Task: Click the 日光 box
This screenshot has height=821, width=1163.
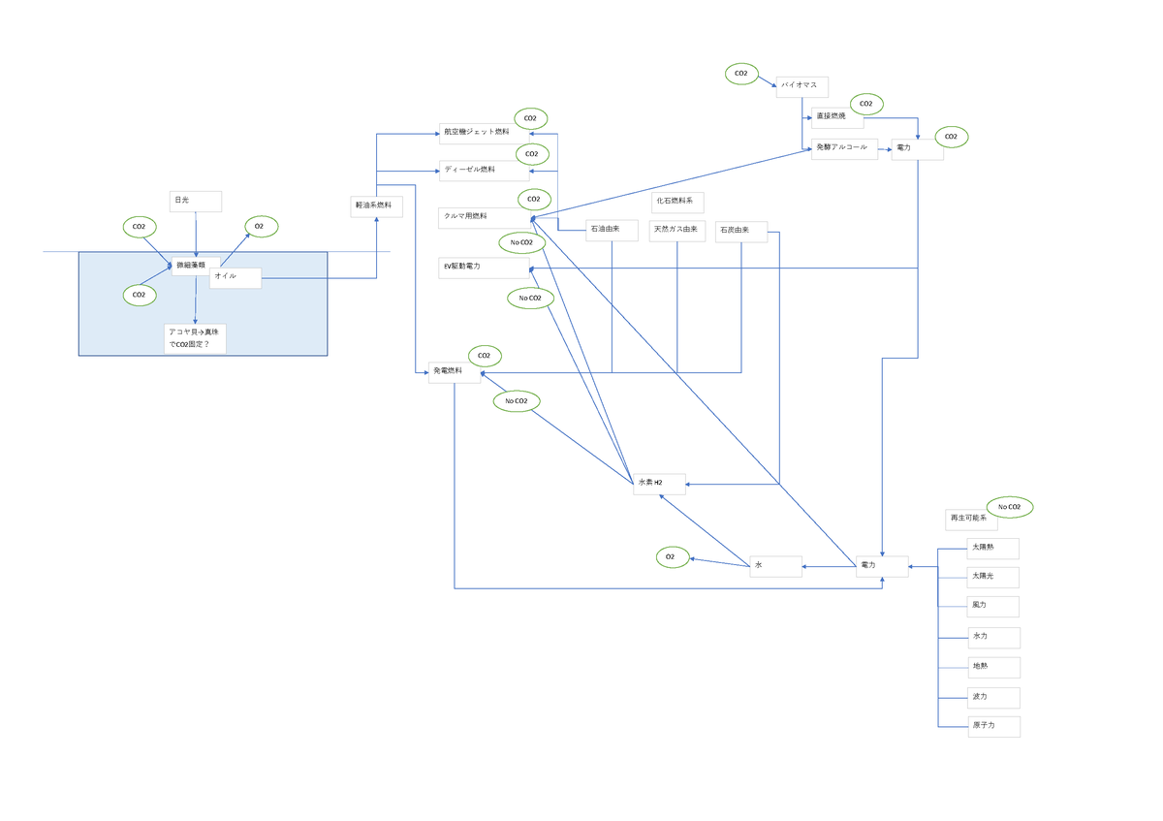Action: pyautogui.click(x=196, y=201)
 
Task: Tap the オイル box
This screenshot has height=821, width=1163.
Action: pyautogui.click(x=236, y=278)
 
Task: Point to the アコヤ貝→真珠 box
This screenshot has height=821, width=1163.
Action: pyautogui.click(x=195, y=338)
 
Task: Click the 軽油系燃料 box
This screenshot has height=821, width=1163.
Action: pyautogui.click(x=376, y=206)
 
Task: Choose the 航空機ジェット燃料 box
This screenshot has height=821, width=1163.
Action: pyautogui.click(x=483, y=133)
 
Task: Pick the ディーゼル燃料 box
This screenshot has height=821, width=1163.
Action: pyautogui.click(x=483, y=171)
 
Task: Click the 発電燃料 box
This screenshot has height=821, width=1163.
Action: pyautogui.click(x=455, y=372)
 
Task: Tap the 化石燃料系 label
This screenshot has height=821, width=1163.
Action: pyautogui.click(x=677, y=202)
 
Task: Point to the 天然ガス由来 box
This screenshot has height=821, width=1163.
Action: pyautogui.click(x=676, y=231)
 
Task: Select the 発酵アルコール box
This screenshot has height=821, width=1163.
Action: pyautogui.click(x=844, y=148)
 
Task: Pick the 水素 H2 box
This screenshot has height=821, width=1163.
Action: pyautogui.click(x=659, y=484)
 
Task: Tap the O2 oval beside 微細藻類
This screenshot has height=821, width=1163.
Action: pyautogui.click(x=260, y=227)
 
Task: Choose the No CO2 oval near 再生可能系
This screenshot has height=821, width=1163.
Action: pyautogui.click(x=1010, y=507)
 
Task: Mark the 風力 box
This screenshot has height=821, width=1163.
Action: pyautogui.click(x=993, y=607)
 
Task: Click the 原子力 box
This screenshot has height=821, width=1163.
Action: pyautogui.click(x=993, y=726)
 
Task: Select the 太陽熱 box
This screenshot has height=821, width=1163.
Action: pyautogui.click(x=993, y=549)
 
